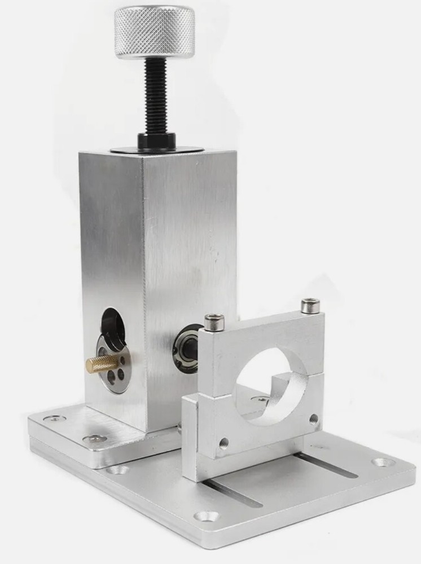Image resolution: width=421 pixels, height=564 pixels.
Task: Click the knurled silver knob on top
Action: click(x=154, y=32)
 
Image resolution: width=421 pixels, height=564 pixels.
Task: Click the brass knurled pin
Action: click(x=102, y=364)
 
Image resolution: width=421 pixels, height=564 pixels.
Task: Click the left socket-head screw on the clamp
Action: click(x=214, y=323)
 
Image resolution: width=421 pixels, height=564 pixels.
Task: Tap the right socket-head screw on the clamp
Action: click(x=310, y=306)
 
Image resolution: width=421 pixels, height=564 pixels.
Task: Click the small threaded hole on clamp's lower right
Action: click(x=313, y=419)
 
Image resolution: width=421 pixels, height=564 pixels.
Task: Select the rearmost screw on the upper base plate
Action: click(x=54, y=418)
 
